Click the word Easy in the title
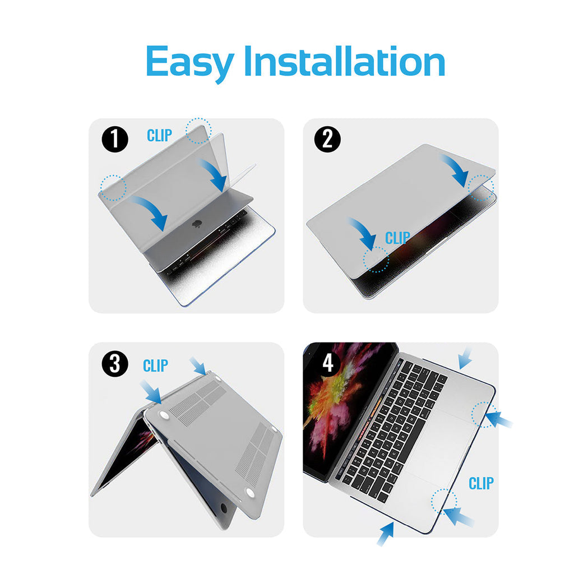pyautogui.click(x=189, y=63)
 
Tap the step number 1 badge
pyautogui.click(x=114, y=140)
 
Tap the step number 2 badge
pyautogui.click(x=327, y=140)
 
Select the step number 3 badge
pyautogui.click(x=114, y=364)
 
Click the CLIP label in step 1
pyautogui.click(x=159, y=136)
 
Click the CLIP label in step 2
pyautogui.click(x=397, y=238)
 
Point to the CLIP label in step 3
pyautogui.click(x=156, y=365)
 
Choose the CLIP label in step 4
pyautogui.click(x=481, y=484)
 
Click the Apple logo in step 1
pyautogui.click(x=197, y=223)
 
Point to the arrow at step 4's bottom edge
pyautogui.click(x=386, y=534)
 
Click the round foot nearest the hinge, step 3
pyautogui.click(x=164, y=414)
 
